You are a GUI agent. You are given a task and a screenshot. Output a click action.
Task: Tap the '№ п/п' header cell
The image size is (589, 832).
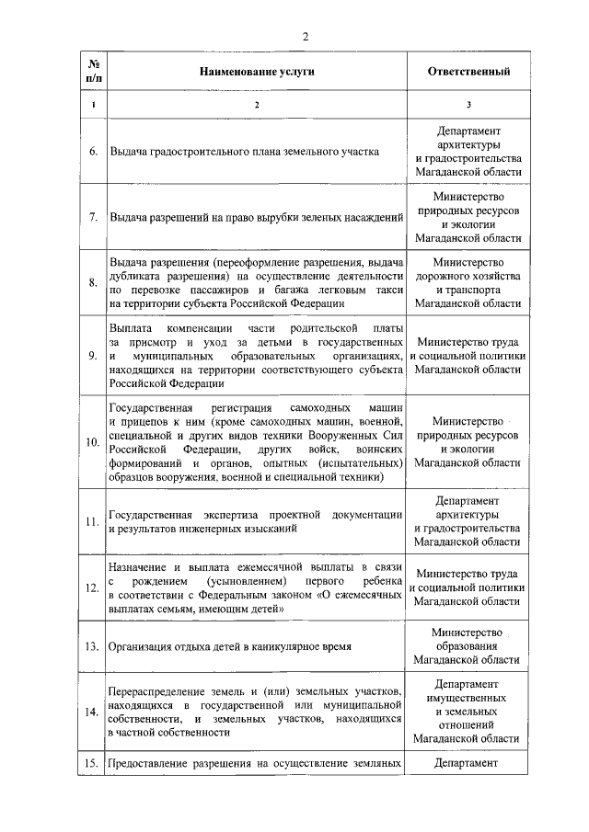(93, 71)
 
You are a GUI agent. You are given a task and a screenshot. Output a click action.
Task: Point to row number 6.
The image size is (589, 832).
(93, 152)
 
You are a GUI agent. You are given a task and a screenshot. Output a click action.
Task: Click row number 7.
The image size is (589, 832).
(93, 217)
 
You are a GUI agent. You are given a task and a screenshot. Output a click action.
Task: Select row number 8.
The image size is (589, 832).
(93, 282)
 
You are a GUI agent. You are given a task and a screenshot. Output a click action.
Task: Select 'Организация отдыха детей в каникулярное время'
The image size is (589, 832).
(230, 647)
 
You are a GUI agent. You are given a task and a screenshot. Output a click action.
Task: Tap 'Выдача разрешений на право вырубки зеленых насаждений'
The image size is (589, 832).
(257, 217)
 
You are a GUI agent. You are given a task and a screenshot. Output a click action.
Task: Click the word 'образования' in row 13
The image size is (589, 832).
(468, 646)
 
